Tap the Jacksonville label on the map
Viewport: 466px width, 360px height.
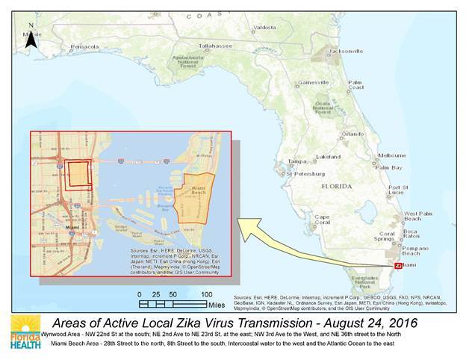coord(344,51)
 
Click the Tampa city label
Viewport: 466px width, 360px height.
coord(297,161)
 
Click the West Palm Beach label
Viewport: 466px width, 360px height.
coord(419,217)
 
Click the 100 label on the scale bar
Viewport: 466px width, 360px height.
coord(206,295)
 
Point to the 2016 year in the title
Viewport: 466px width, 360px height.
coord(403,322)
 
